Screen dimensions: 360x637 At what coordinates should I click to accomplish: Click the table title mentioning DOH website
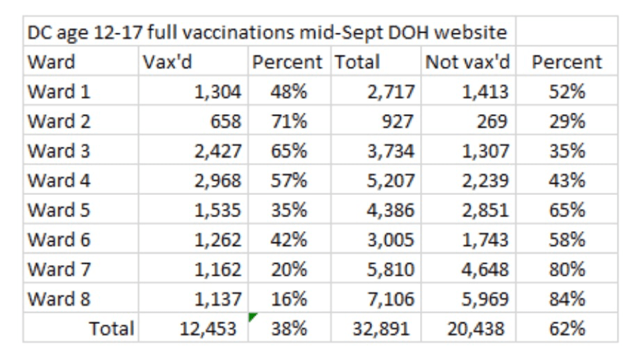(267, 32)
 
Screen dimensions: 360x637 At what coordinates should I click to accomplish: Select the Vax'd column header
(162, 62)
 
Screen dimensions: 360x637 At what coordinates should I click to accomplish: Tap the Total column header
(357, 62)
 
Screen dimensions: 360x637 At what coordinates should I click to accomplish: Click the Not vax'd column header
(467, 62)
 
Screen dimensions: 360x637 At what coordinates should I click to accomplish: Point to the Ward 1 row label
(59, 92)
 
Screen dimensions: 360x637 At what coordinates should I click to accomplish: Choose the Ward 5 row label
(59, 210)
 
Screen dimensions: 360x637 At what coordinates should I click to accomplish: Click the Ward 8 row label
(59, 299)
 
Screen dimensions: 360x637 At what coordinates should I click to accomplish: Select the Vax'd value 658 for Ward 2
(225, 122)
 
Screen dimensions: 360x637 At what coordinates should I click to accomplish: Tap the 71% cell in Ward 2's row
(289, 122)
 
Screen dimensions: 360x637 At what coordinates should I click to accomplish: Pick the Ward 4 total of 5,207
(391, 180)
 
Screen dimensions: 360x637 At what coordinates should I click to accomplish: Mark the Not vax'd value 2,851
(485, 210)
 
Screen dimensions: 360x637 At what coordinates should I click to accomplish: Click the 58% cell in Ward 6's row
(567, 239)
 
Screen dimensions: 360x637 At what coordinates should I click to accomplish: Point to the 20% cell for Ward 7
(289, 269)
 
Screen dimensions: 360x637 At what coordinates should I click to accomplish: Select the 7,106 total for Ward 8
(391, 299)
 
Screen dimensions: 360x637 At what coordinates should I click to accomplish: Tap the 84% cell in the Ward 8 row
(567, 299)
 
